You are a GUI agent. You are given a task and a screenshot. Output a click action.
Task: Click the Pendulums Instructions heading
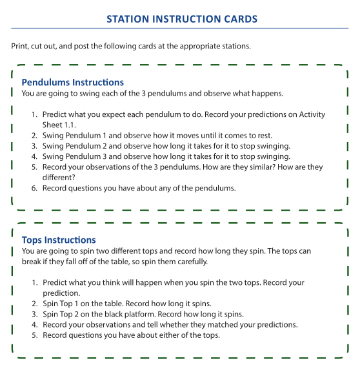[72, 82]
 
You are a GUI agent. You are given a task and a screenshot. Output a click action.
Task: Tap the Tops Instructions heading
[59, 240]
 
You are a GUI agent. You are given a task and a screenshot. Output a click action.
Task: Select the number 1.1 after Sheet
[74, 125]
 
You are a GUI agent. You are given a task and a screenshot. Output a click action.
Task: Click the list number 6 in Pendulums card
[35, 188]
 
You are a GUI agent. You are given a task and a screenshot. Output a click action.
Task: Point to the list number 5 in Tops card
[35, 335]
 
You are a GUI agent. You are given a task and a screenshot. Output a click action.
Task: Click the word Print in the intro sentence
[19, 47]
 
